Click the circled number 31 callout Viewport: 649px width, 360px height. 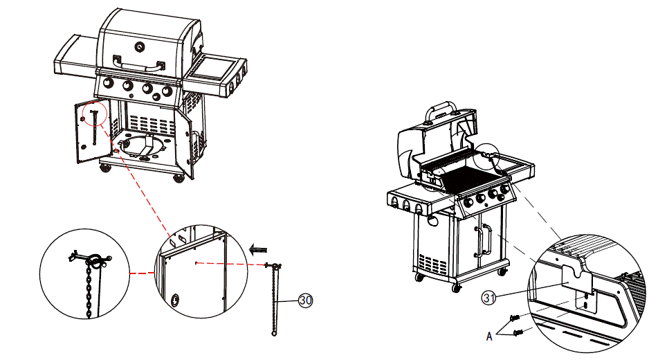pos(490,298)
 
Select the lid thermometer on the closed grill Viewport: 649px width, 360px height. pos(141,46)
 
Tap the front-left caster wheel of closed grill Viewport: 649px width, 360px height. pos(106,168)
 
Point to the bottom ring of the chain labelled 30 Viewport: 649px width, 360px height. pos(274,334)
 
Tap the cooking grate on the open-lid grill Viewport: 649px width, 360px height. pos(470,179)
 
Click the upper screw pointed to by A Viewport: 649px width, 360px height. pos(514,318)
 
